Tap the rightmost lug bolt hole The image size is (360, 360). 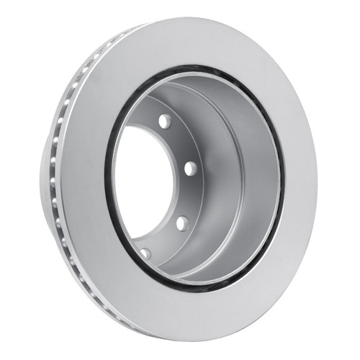(190, 168)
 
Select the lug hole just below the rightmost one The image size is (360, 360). (181, 221)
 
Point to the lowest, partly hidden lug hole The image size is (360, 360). (147, 253)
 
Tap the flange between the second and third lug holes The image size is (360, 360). (189, 194)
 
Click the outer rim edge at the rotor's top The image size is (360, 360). (187, 21)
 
